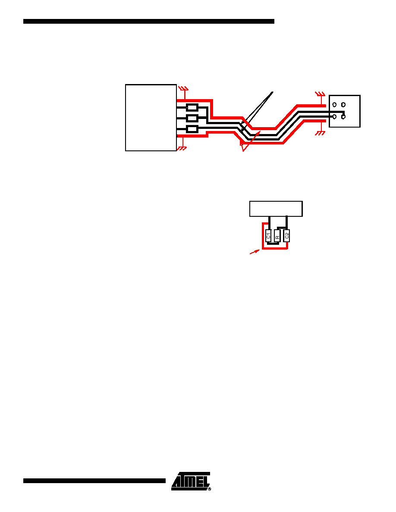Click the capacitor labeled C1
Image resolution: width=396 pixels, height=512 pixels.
pyautogui.click(x=268, y=236)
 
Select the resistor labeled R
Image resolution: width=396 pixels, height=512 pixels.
pyautogui.click(x=277, y=236)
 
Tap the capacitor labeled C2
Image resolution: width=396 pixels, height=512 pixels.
pyautogui.click(x=286, y=236)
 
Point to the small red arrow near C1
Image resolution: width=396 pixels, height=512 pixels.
pyautogui.click(x=255, y=252)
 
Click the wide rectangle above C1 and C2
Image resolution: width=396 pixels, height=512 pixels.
pyautogui.click(x=276, y=209)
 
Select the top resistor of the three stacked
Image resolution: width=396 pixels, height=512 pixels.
pyautogui.click(x=192, y=107)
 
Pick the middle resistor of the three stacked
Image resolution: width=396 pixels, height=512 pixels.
pyautogui.click(x=192, y=118)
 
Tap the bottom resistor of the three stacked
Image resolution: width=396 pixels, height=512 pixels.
pyautogui.click(x=192, y=129)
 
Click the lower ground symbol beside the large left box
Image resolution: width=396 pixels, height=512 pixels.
pyautogui.click(x=182, y=148)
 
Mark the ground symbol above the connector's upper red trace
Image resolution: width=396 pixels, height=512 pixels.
pyautogui.click(x=320, y=94)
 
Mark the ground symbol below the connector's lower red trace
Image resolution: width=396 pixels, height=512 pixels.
pyautogui.click(x=320, y=133)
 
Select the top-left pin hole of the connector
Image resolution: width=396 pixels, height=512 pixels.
pyautogui.click(x=335, y=105)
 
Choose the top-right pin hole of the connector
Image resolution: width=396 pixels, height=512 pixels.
pyautogui.click(x=343, y=105)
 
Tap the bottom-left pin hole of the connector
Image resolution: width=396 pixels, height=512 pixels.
pyautogui.click(x=335, y=116)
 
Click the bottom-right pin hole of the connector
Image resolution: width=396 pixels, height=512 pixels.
pyautogui.click(x=343, y=116)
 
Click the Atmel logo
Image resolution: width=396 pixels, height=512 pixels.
pyautogui.click(x=191, y=481)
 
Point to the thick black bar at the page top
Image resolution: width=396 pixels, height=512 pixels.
pyautogui.click(x=149, y=21)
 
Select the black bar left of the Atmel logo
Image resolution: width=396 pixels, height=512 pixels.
pyautogui.click(x=94, y=481)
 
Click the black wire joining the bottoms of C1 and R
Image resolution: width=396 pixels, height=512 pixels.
pyautogui.click(x=273, y=243)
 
